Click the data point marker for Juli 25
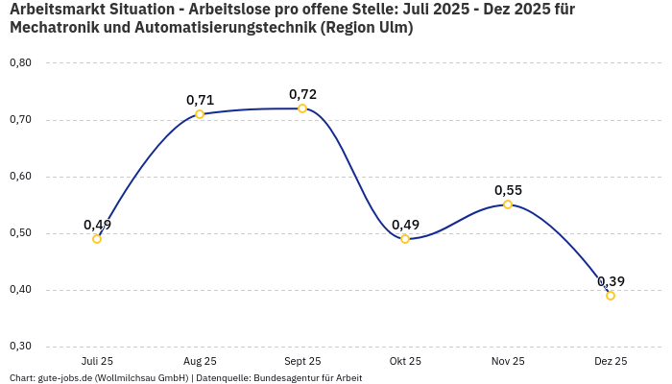pos(97,239)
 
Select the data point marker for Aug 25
pos(200,114)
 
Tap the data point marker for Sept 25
pos(302,108)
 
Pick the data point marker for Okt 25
pos(405,239)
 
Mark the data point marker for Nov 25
pos(508,204)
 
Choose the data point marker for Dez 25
pos(611,296)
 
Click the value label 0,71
pos(200,100)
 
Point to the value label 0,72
pos(302,94)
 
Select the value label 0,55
pos(508,190)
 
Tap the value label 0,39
pos(611,281)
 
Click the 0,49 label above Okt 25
pos(405,225)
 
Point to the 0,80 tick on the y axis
pos(20,63)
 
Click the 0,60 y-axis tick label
pos(20,177)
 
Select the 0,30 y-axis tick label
pos(20,347)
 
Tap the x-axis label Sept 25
pos(302,361)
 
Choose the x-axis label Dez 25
pos(611,361)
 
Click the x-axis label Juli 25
pos(97,361)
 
